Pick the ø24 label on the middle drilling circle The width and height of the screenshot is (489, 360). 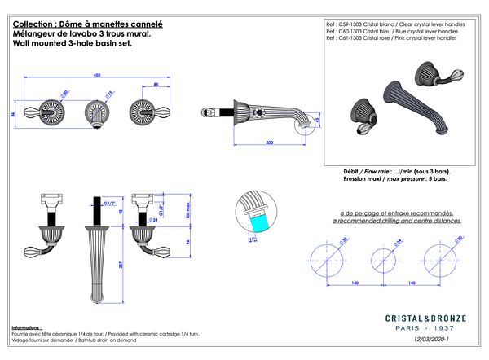pos(377,242)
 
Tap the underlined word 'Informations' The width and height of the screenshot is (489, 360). pos(27,327)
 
